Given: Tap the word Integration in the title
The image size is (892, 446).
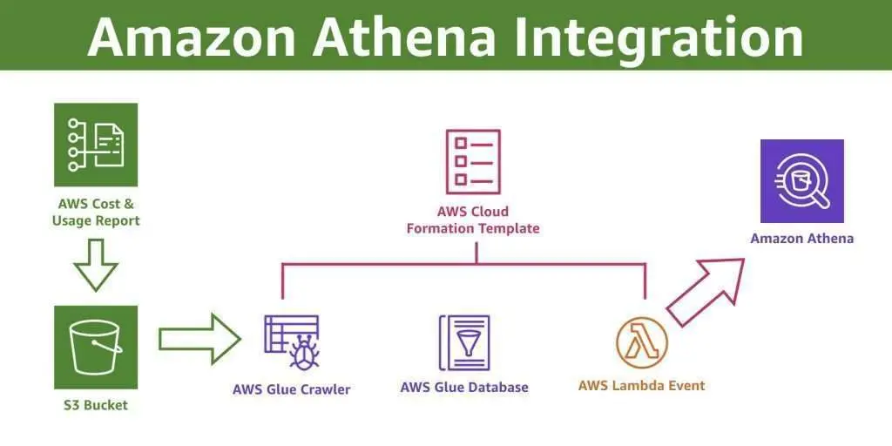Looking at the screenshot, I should [x=665, y=36].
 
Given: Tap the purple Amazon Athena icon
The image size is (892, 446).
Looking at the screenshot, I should [x=801, y=181].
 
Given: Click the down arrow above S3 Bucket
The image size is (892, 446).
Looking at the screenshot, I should [x=95, y=265].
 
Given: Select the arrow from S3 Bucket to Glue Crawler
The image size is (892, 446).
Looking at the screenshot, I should [x=199, y=338].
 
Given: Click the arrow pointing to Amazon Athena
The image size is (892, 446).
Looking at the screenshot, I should [x=705, y=290].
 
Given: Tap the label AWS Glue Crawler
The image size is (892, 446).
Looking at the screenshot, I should [x=291, y=389].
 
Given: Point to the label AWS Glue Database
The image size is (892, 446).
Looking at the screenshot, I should [x=464, y=387].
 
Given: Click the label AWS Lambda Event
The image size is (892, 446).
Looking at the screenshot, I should [x=641, y=385].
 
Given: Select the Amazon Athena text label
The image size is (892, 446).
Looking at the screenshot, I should [x=801, y=238].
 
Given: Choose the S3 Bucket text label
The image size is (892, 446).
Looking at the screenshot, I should [x=95, y=405].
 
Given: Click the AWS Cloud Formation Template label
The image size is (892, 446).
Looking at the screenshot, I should [x=473, y=220].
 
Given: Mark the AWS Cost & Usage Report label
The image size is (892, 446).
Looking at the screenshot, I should [x=95, y=213].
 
